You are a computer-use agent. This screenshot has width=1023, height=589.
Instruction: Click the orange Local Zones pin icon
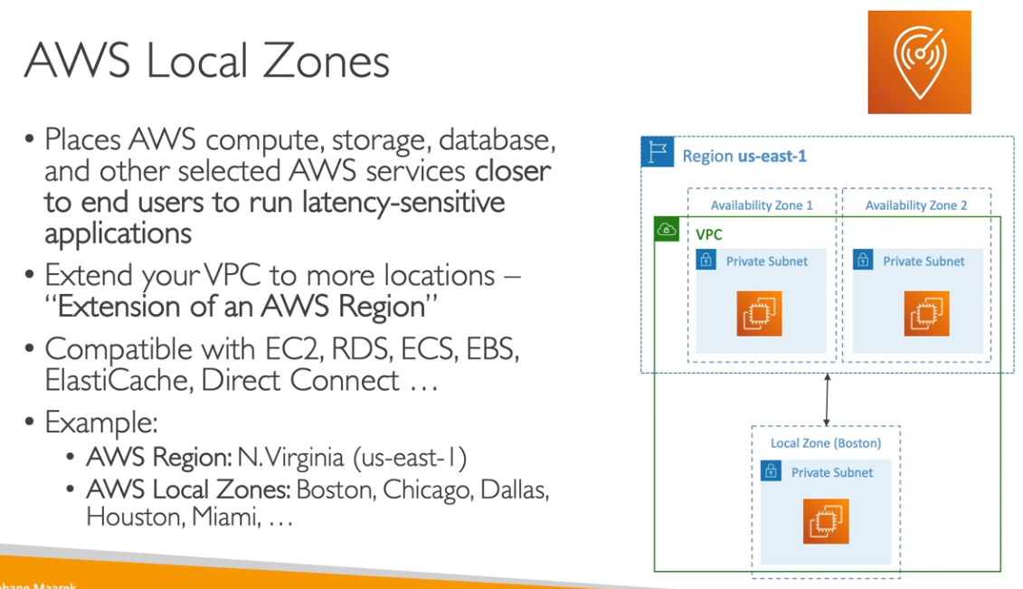tap(919, 62)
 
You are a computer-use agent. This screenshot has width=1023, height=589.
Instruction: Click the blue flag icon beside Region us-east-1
tap(657, 152)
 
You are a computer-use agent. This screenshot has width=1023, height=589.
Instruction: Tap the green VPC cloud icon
tap(667, 229)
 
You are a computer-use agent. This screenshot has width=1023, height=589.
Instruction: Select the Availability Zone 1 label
tap(762, 204)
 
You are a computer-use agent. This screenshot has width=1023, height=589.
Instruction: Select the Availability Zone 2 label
tap(916, 204)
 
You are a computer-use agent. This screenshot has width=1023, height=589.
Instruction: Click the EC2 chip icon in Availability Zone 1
tap(759, 314)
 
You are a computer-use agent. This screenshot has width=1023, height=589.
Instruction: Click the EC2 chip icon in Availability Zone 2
tap(926, 314)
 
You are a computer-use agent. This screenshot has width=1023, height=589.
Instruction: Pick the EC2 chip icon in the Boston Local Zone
tap(826, 521)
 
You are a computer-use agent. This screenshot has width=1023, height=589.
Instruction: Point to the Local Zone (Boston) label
tap(826, 443)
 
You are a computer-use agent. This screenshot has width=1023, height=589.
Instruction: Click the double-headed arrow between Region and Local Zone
tap(827, 400)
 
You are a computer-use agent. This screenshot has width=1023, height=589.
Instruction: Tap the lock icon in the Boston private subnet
tap(772, 471)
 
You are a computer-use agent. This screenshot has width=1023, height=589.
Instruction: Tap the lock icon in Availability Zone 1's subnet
tap(706, 260)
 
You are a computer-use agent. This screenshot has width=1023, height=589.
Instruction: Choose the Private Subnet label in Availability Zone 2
tap(924, 261)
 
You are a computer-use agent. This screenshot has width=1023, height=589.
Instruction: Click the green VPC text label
tap(708, 235)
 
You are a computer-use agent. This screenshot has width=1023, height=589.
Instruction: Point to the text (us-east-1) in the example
tap(410, 458)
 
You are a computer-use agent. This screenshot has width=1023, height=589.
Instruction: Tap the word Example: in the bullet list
tap(101, 423)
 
